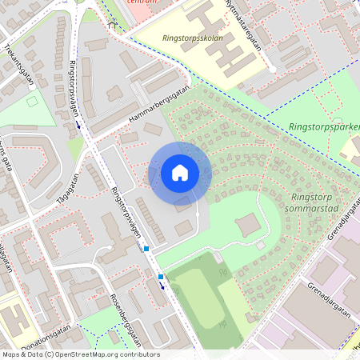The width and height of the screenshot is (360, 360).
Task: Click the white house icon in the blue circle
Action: click(180, 172)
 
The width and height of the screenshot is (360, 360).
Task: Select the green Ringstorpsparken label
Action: click(325, 126)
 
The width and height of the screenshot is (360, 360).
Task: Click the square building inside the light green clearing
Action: click(249, 226)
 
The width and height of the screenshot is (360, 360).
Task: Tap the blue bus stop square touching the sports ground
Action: click(161, 277)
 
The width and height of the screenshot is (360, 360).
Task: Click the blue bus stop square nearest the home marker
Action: click(146, 249)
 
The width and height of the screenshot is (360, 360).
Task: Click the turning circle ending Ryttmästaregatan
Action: click(272, 70)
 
